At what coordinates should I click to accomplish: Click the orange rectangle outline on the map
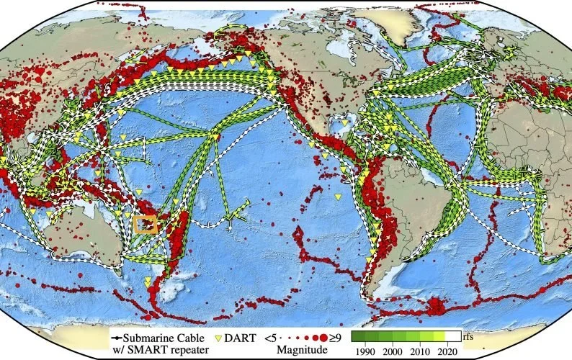tap(145, 224)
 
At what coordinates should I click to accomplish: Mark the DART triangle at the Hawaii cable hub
tap(215, 135)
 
